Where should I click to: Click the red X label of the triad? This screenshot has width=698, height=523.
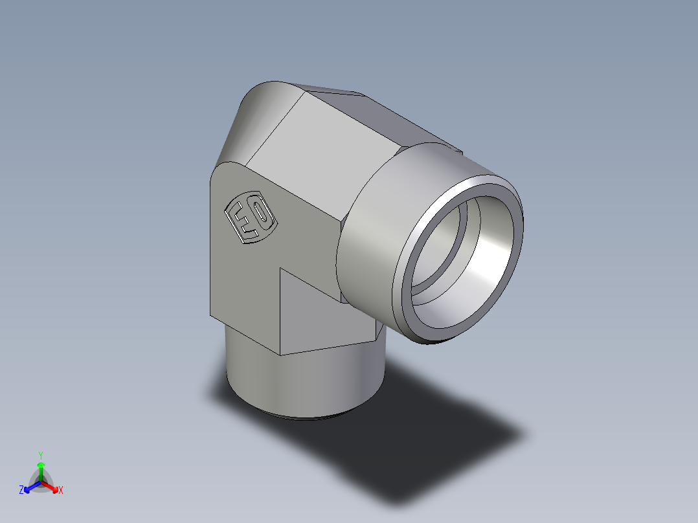61,490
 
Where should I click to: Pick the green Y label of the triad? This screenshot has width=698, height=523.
40,454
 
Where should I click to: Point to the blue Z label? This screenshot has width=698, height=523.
21,490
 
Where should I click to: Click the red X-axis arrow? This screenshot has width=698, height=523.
52,486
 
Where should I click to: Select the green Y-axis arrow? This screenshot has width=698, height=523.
41,469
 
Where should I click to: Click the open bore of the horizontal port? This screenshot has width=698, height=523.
463,259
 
